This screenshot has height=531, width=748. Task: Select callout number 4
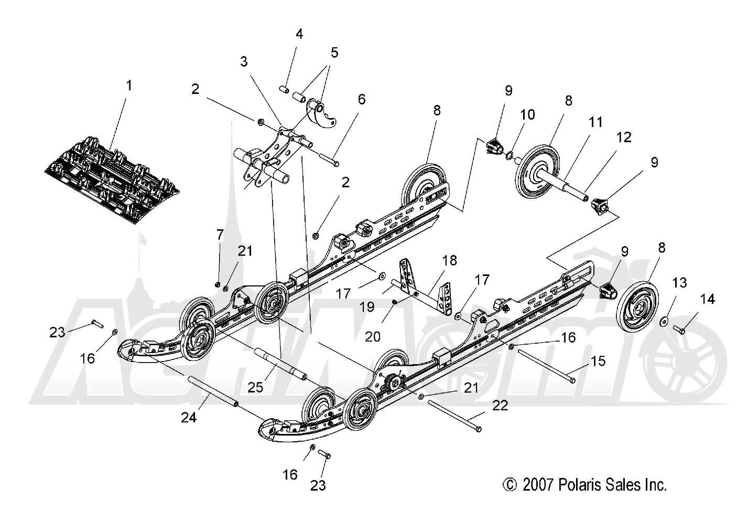pos(299,35)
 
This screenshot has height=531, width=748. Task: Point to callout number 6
pos(362,99)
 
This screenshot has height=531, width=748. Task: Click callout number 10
pos(527,114)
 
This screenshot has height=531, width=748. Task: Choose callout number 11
pos(595,122)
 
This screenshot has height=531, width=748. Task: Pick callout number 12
pos(624,137)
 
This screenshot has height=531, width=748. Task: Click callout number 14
pos(707,300)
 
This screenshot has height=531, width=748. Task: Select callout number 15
pos(598,361)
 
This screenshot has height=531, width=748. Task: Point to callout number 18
pos(449,260)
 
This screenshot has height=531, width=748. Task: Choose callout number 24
pos(189,417)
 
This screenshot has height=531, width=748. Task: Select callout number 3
pos(244,61)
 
